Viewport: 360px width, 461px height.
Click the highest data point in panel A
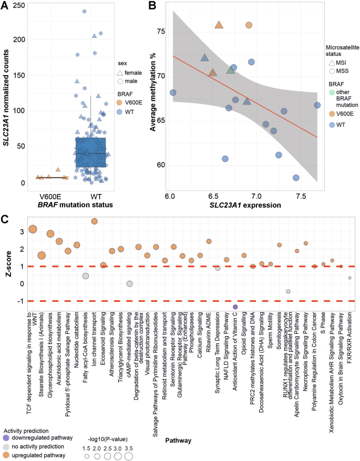pyautogui.click(x=84, y=11)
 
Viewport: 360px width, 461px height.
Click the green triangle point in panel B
pyautogui.click(x=230, y=70)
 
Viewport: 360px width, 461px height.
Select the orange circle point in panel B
pyautogui.click(x=249, y=25)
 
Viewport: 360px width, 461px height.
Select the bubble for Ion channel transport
pyautogui.click(x=95, y=221)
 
